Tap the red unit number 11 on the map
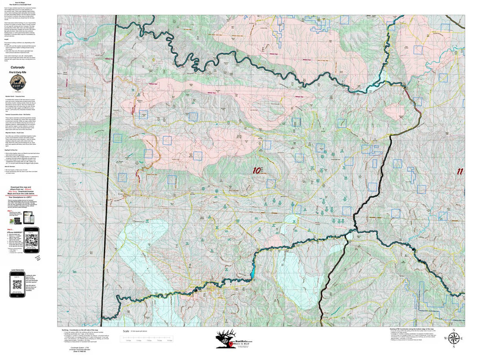[x=460, y=172]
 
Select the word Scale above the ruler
[x=126, y=331]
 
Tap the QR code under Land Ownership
[x=17, y=285]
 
